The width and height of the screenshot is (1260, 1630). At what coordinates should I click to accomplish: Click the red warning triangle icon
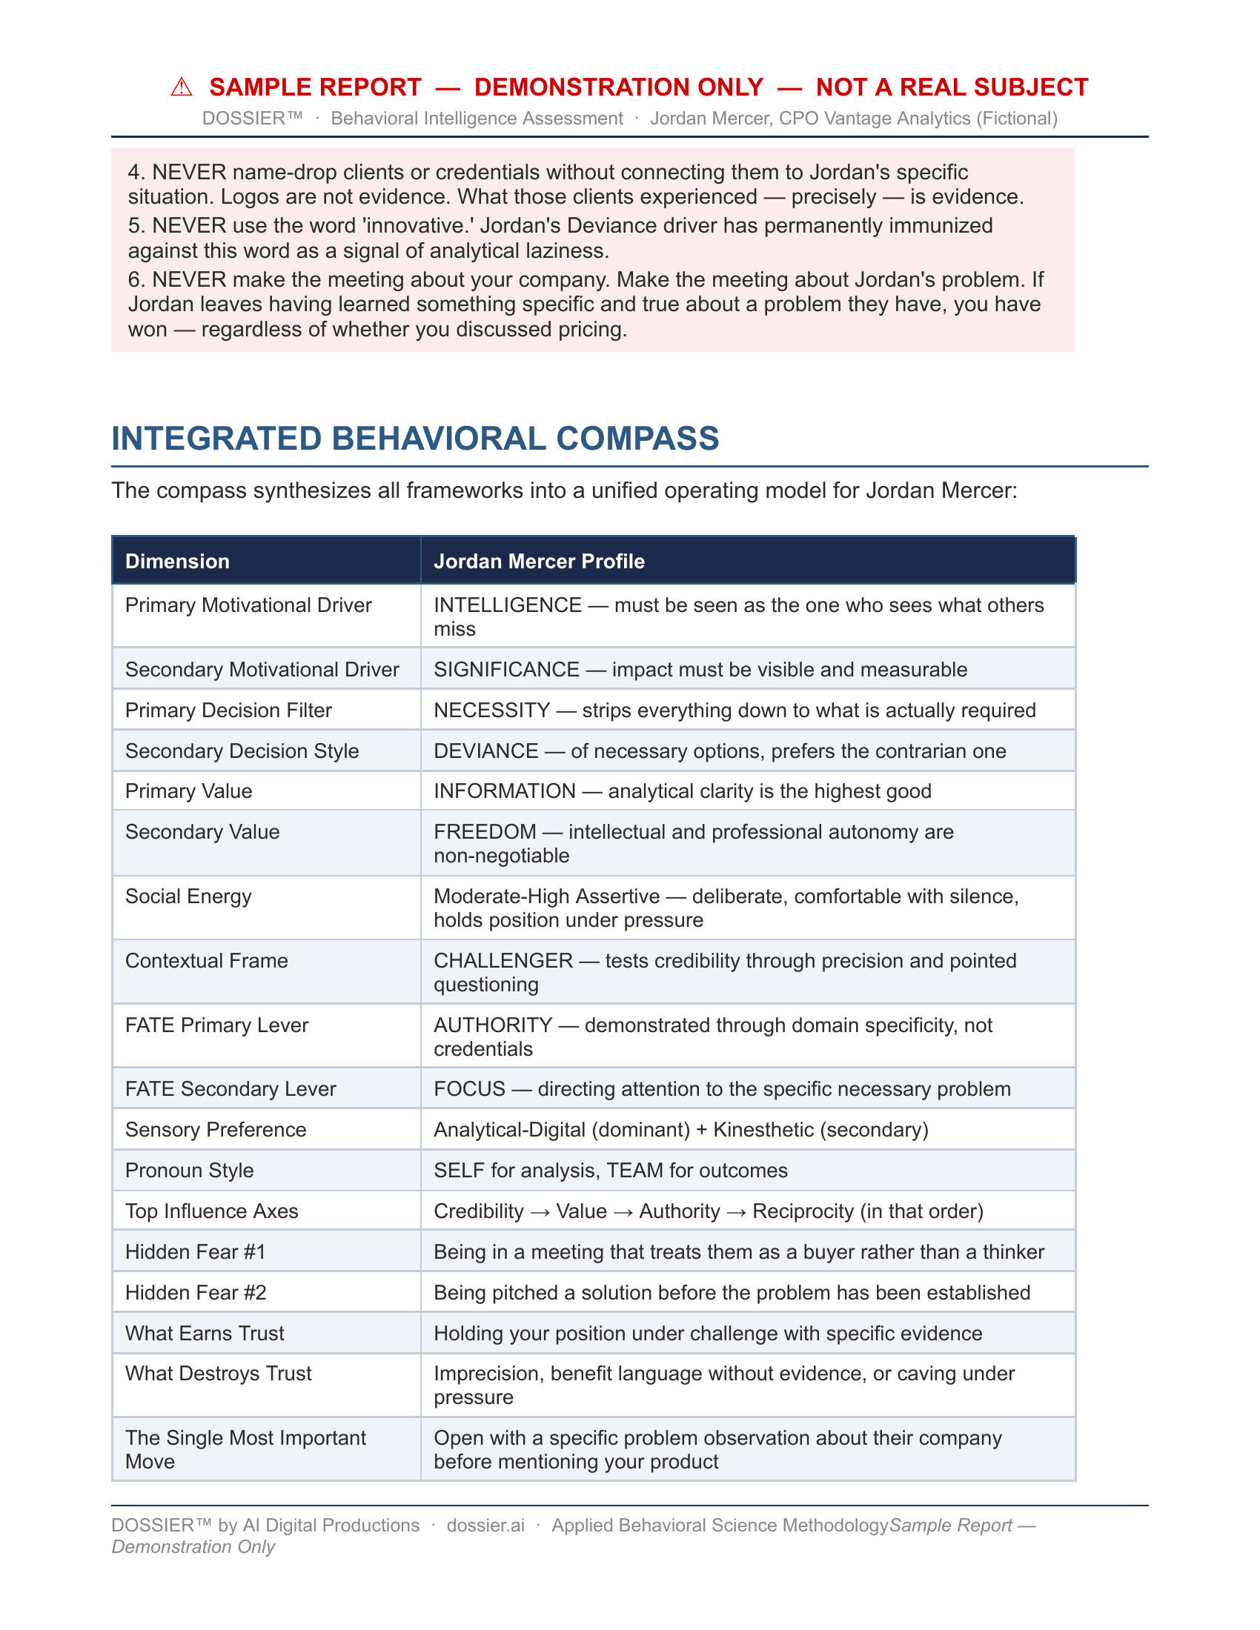click(182, 87)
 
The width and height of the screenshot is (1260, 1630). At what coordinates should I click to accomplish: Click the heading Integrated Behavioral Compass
click(415, 438)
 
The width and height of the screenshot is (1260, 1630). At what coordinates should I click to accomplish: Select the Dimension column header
click(178, 562)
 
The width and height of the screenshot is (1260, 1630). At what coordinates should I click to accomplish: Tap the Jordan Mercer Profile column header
click(539, 562)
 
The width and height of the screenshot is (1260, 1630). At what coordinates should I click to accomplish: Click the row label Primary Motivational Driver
click(248, 605)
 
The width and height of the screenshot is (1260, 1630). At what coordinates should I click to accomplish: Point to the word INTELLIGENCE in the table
click(508, 605)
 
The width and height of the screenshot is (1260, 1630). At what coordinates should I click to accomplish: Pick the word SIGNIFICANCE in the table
click(506, 670)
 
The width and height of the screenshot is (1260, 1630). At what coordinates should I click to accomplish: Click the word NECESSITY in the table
click(492, 710)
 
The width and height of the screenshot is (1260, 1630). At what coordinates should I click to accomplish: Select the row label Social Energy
click(188, 897)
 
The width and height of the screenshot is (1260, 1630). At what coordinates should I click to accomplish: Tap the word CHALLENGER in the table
click(503, 960)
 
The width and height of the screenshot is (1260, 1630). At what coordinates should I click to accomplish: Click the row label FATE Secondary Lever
click(231, 1089)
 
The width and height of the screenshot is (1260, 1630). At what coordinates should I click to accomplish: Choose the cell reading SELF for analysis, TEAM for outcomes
click(611, 1170)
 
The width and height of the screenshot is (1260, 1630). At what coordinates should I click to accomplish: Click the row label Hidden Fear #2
click(196, 1293)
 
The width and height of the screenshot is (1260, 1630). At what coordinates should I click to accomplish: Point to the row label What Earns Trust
click(205, 1333)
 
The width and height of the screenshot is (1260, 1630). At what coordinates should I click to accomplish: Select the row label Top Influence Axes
click(212, 1211)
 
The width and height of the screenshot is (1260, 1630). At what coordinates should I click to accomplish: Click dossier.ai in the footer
click(485, 1525)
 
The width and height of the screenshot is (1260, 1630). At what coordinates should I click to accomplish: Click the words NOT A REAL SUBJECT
click(952, 87)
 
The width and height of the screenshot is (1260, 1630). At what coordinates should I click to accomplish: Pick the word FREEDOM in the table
click(485, 831)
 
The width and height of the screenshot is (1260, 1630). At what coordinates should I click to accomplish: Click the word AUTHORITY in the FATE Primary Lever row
click(494, 1025)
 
